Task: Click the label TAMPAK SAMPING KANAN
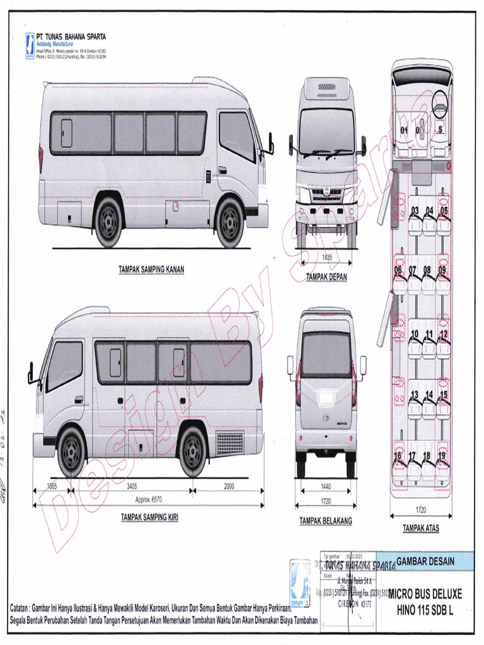[x=151, y=270]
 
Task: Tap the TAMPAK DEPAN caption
[x=326, y=277]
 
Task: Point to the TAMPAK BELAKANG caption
[x=326, y=521]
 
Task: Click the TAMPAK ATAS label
[x=421, y=528]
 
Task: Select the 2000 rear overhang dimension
[x=228, y=486]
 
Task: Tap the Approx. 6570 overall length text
[x=148, y=499]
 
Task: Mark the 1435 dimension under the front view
[x=326, y=257]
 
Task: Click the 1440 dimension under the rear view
[x=326, y=487]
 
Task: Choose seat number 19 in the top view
[x=442, y=455]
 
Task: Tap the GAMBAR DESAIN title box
[x=425, y=561]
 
